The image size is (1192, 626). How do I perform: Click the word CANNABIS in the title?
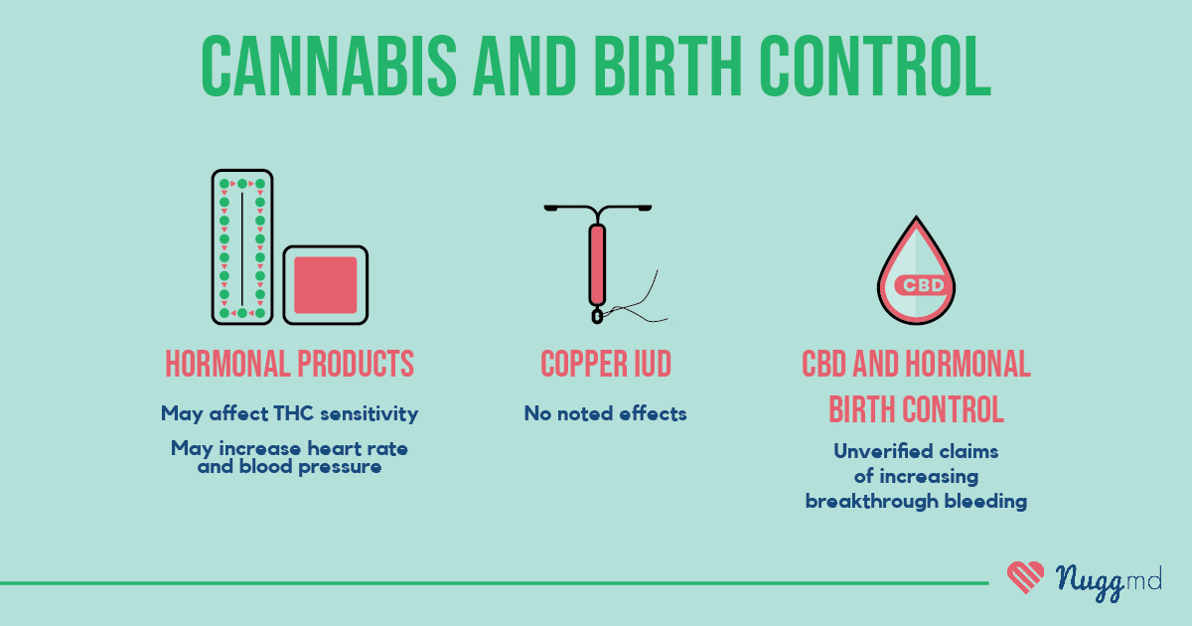pyautogui.click(x=329, y=66)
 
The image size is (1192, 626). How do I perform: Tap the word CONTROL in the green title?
pyautogui.click(x=875, y=66)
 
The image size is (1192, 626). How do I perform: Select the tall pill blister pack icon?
pyautogui.click(x=242, y=247)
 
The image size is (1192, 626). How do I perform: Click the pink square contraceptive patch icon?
pyautogui.click(x=325, y=285)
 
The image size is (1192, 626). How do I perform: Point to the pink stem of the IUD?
pyautogui.click(x=597, y=264)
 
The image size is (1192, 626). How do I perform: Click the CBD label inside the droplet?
pyautogui.click(x=923, y=285)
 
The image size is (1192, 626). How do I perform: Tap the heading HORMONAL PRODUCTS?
pyautogui.click(x=289, y=364)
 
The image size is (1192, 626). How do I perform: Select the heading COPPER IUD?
pyautogui.click(x=606, y=364)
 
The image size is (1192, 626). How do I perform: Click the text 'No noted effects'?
pyautogui.click(x=606, y=413)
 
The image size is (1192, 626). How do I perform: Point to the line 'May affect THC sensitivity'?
pyautogui.click(x=289, y=413)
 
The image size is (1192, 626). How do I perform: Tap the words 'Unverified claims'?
pyautogui.click(x=916, y=451)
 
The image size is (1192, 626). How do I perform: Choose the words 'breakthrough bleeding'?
pyautogui.click(x=916, y=501)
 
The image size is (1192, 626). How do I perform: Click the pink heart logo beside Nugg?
pyautogui.click(x=1025, y=577)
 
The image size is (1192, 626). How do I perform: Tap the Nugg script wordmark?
pyautogui.click(x=1090, y=582)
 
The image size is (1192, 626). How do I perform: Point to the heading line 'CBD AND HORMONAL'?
pyautogui.click(x=916, y=364)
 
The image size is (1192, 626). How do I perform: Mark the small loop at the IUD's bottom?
pyautogui.click(x=597, y=316)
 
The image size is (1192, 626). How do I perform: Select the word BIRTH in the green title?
pyautogui.click(x=668, y=66)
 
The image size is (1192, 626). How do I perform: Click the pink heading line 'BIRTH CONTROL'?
pyautogui.click(x=916, y=408)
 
